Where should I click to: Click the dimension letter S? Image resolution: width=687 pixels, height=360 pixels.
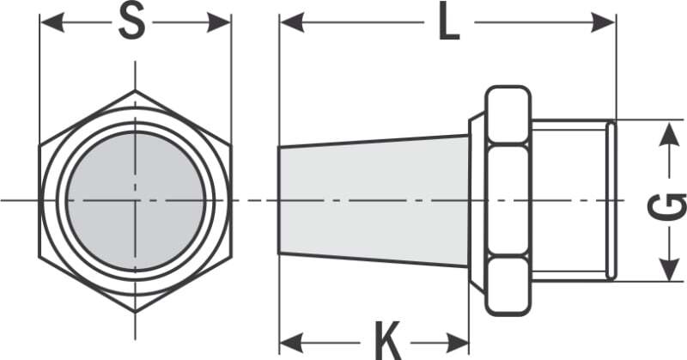tap(131, 21)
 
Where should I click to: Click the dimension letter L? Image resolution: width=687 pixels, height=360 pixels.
tap(449, 22)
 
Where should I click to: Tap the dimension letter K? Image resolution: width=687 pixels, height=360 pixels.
tap(388, 341)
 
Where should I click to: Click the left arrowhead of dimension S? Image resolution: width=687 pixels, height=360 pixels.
tap(52, 22)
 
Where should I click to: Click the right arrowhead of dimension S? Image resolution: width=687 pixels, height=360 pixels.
tap(219, 22)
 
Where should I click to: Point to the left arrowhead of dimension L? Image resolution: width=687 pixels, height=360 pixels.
tap(292, 22)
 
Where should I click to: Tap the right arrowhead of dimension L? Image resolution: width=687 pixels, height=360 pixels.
tap(604, 22)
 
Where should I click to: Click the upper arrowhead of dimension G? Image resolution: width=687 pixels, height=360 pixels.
tap(669, 134)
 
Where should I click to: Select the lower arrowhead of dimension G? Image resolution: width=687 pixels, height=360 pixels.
tap(669, 268)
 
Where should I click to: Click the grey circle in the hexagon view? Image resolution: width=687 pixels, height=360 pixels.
tap(136, 201)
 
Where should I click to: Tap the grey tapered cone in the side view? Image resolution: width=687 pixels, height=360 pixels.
tap(374, 201)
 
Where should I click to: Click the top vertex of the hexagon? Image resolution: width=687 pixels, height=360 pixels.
tap(135, 90)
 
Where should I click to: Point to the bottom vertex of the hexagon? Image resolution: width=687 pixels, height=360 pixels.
tap(135, 312)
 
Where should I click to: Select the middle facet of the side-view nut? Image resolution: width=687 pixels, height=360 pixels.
tap(508, 200)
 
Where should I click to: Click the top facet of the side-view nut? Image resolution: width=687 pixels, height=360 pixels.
tap(508, 115)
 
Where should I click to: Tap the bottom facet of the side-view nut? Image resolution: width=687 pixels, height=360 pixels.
tap(508, 286)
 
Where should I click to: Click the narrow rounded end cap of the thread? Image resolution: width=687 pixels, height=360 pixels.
tap(611, 201)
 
